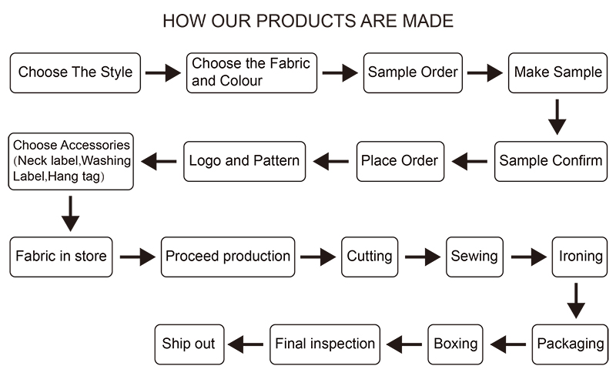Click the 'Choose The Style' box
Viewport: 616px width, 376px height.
coord(75,72)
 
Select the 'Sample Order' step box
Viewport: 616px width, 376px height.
coord(413,72)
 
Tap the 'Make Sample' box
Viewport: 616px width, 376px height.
coord(558,72)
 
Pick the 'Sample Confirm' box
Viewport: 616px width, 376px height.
coord(551,161)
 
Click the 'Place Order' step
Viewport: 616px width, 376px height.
coord(400,161)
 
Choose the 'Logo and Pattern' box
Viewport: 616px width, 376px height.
coord(244,161)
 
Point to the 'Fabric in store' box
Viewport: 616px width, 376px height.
coord(61,256)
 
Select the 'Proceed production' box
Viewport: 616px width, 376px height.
coord(228,256)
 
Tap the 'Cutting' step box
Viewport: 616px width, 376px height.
coord(370,256)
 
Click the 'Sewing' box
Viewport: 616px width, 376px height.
coord(474,256)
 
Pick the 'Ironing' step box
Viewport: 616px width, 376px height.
coord(581,256)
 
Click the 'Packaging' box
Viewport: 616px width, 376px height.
coord(570,344)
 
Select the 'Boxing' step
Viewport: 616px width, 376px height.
coord(456,344)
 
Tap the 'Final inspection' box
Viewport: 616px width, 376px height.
coord(325,344)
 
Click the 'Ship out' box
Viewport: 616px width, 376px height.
coord(189,344)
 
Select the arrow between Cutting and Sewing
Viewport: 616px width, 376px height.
coord(422,257)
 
